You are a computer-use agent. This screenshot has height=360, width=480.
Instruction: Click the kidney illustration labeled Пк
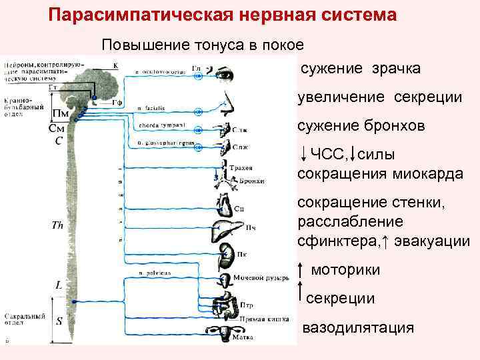point(227,253)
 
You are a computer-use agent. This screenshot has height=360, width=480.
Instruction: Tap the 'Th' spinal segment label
point(57,225)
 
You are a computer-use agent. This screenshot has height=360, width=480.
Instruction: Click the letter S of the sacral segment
point(59,321)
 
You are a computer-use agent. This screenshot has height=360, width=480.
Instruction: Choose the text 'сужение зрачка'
point(360,69)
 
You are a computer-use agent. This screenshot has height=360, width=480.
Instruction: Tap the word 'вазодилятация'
point(358,329)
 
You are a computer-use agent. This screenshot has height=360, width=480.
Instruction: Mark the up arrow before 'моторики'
point(301,270)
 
